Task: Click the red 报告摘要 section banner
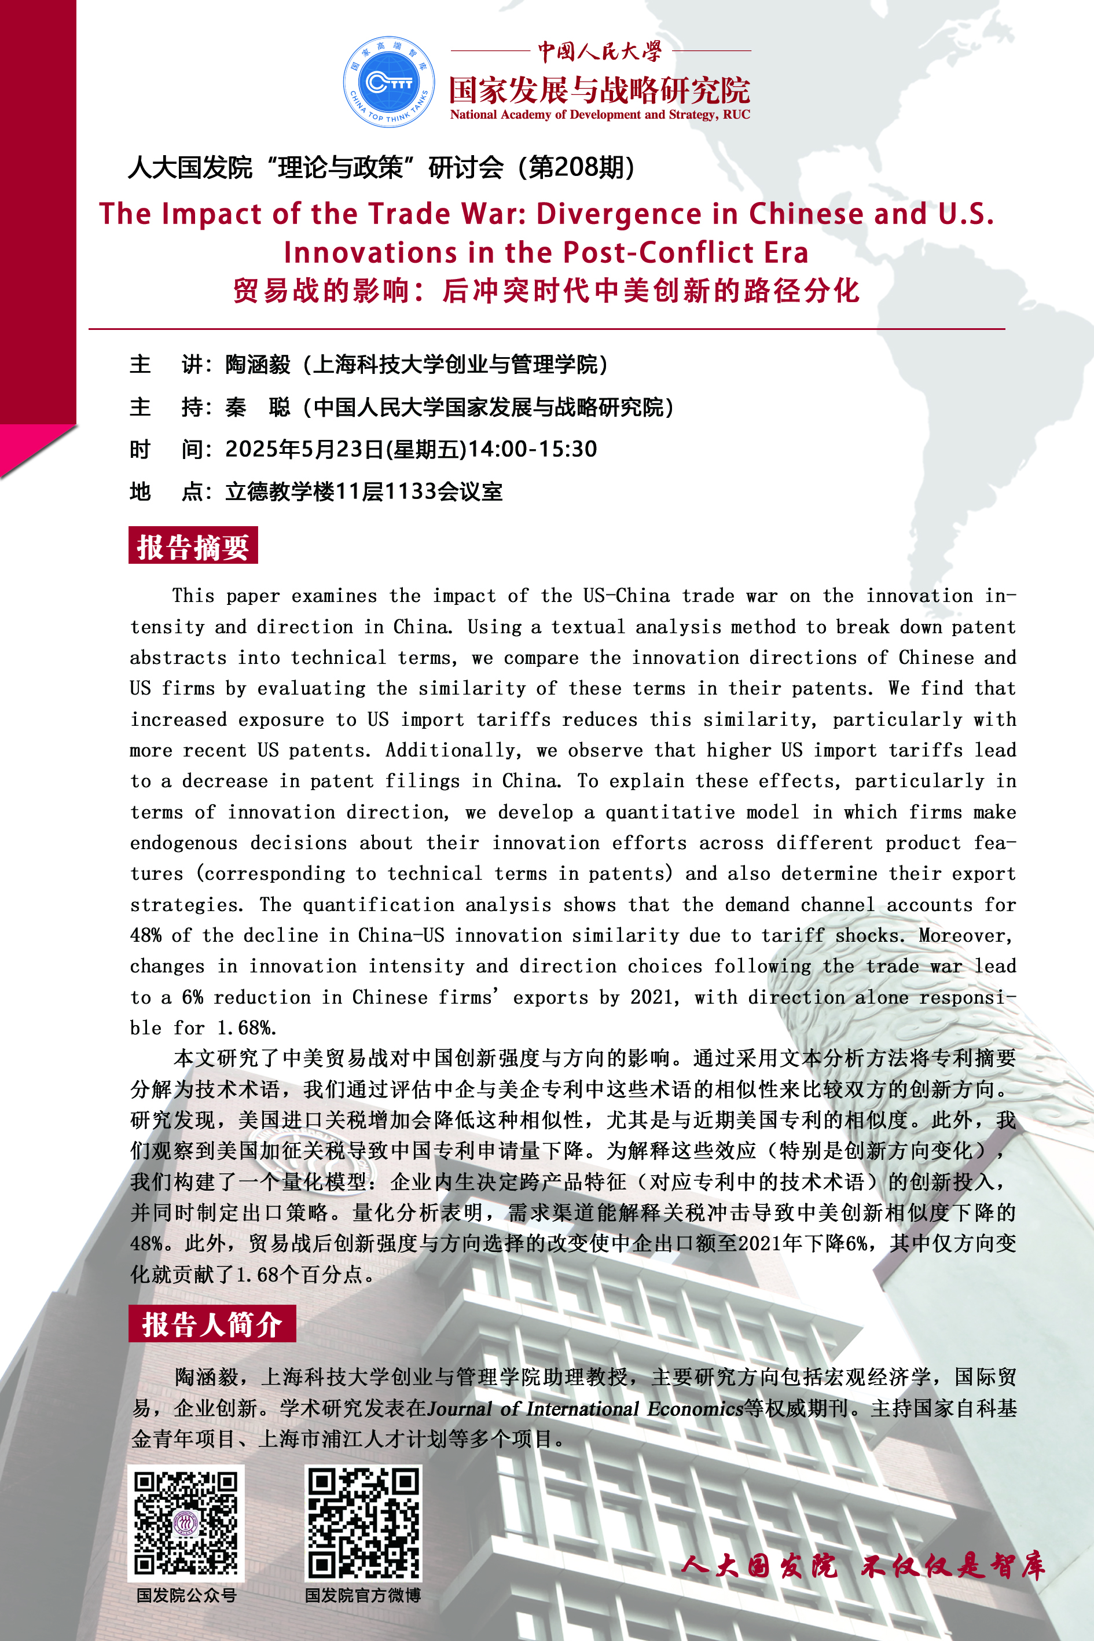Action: (193, 546)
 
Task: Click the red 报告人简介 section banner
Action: (211, 1324)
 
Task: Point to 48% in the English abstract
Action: (146, 935)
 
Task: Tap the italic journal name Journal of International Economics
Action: (585, 1408)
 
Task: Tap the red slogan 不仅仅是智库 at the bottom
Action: (952, 1567)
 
